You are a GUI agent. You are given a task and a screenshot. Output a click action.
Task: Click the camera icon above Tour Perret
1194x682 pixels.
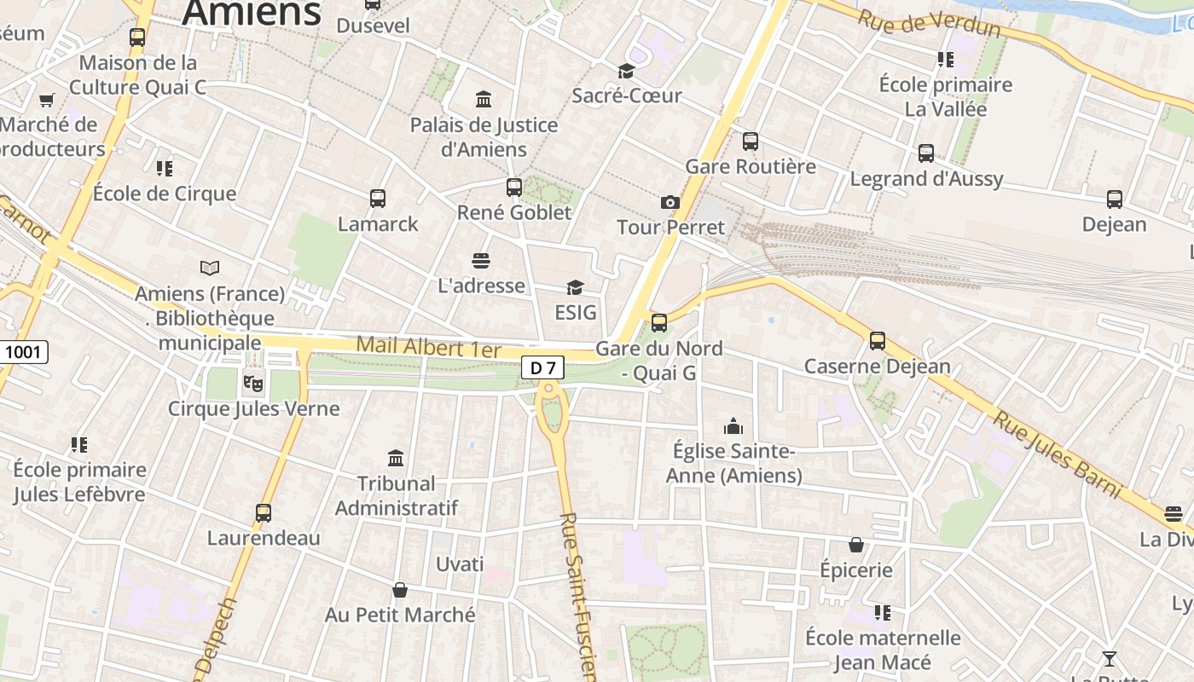670,202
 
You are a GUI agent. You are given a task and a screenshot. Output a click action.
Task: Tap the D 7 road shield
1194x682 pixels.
542,368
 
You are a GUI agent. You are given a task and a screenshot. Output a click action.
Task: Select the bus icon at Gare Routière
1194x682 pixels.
751,142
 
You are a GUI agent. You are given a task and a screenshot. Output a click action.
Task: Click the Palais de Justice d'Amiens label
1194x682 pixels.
484,137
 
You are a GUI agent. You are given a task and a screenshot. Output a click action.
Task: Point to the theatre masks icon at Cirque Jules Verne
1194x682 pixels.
253,383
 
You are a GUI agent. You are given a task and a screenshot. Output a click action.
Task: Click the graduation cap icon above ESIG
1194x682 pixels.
576,287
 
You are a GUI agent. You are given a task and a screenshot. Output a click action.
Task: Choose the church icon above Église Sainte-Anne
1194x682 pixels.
733,425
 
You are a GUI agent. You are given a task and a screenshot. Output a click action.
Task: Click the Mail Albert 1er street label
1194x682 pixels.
428,346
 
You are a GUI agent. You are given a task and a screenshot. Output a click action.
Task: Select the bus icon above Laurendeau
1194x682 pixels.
264,513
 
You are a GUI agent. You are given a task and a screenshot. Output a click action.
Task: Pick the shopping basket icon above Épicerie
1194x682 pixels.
856,545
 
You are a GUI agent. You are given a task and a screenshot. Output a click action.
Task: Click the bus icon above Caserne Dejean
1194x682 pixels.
878,341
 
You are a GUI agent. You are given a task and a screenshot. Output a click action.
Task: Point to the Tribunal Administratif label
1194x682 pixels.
397,495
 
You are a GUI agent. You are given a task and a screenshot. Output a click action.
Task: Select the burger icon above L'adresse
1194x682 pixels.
481,260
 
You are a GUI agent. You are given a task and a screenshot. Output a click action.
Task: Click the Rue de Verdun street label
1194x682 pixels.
929,23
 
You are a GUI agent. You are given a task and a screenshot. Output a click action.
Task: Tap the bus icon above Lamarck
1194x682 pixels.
378,199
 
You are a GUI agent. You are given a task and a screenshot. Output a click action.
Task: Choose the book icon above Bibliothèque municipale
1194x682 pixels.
210,269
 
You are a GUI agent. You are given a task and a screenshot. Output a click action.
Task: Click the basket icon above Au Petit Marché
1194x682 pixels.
400,589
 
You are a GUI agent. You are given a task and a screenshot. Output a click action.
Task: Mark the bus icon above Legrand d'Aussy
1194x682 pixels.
926,153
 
